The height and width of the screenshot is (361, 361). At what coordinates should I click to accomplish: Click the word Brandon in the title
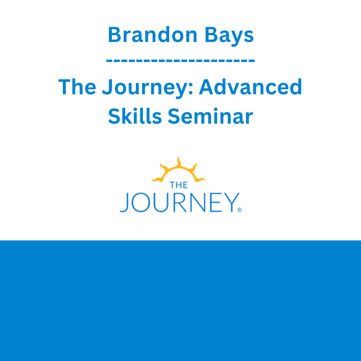153,35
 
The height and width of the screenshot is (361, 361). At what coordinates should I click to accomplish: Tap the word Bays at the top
229,36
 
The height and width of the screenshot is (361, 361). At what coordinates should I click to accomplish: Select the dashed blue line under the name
180,61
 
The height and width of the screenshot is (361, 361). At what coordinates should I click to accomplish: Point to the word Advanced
250,87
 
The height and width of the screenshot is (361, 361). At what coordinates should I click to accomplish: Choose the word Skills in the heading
135,116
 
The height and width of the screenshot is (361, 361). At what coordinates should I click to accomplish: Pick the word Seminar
210,116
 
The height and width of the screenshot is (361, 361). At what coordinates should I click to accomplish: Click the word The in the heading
77,87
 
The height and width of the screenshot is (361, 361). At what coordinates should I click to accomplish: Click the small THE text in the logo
179,185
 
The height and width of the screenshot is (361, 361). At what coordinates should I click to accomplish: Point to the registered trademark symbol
240,210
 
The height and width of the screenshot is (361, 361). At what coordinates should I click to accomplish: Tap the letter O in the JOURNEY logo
141,202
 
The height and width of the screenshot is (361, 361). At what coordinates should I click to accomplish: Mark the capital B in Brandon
115,35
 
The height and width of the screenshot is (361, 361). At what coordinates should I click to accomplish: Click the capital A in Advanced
207,87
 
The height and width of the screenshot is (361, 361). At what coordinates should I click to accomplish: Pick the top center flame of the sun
179,162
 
